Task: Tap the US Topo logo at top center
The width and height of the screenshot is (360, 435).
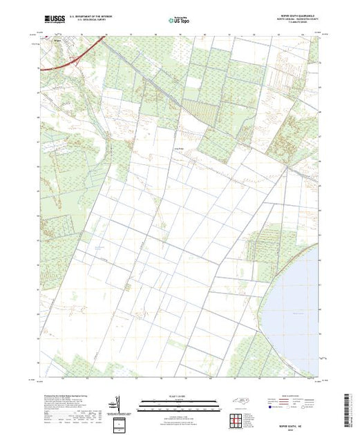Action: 179,20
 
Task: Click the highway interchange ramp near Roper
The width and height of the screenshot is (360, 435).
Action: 74,61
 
